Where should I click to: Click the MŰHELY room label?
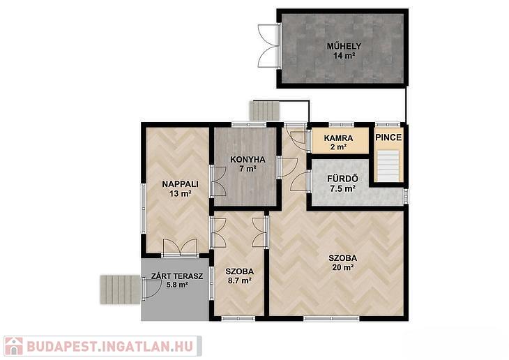pos(344,46)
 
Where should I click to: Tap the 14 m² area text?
pos(344,56)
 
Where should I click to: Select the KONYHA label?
pos(248,160)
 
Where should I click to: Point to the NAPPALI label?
pos(180,184)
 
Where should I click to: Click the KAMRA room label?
pos(338,138)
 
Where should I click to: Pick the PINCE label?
pos(388,137)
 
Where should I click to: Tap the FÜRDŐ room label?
pos(342,179)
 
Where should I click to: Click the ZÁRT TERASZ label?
pos(177,276)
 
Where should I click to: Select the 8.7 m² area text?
pos(240,280)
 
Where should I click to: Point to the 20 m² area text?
pos(343,267)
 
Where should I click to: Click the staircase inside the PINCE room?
pos(388,166)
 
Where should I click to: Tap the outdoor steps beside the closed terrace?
pos(120,290)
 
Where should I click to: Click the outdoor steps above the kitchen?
pos(264,111)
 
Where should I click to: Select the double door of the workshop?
pos(269,46)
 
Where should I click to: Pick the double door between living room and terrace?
pos(180,248)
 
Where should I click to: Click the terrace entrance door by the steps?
pos(151,288)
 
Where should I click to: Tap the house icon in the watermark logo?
pos(14,346)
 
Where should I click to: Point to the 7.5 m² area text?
pos(342,188)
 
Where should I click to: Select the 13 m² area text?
pos(180,194)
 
